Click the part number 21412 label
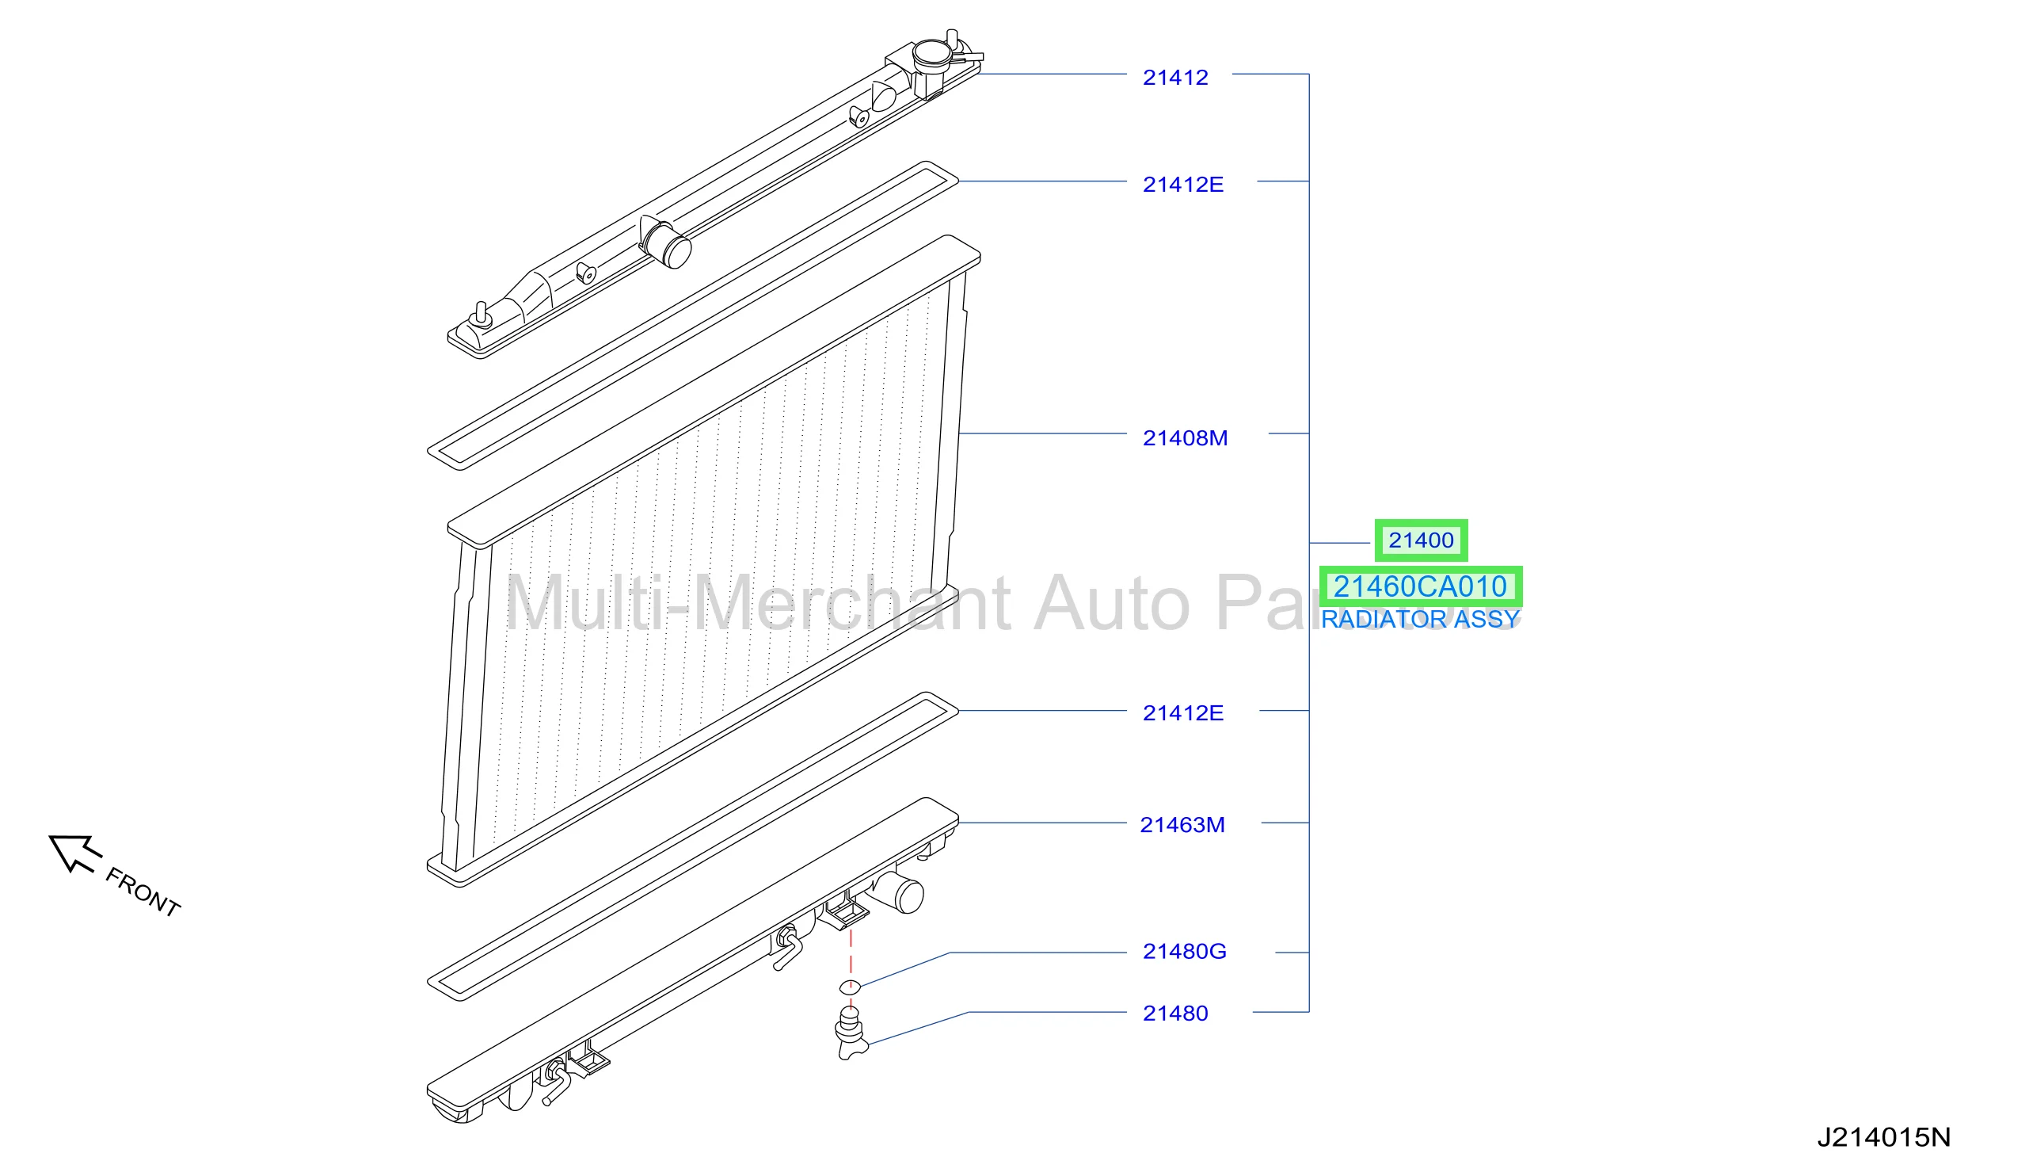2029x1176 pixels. pos(1174,78)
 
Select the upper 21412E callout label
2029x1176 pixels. pos(1182,185)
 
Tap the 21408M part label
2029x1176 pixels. pos(1186,438)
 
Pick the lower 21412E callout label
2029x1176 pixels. pos(1182,713)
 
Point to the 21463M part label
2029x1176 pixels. pos(1182,825)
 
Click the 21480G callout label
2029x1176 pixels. pos(1185,951)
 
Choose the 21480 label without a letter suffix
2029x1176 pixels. pos(1174,1014)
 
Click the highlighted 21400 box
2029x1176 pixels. pos(1420,540)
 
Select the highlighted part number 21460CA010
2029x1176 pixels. pos(1420,586)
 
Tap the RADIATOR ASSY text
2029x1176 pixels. pos(1419,620)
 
